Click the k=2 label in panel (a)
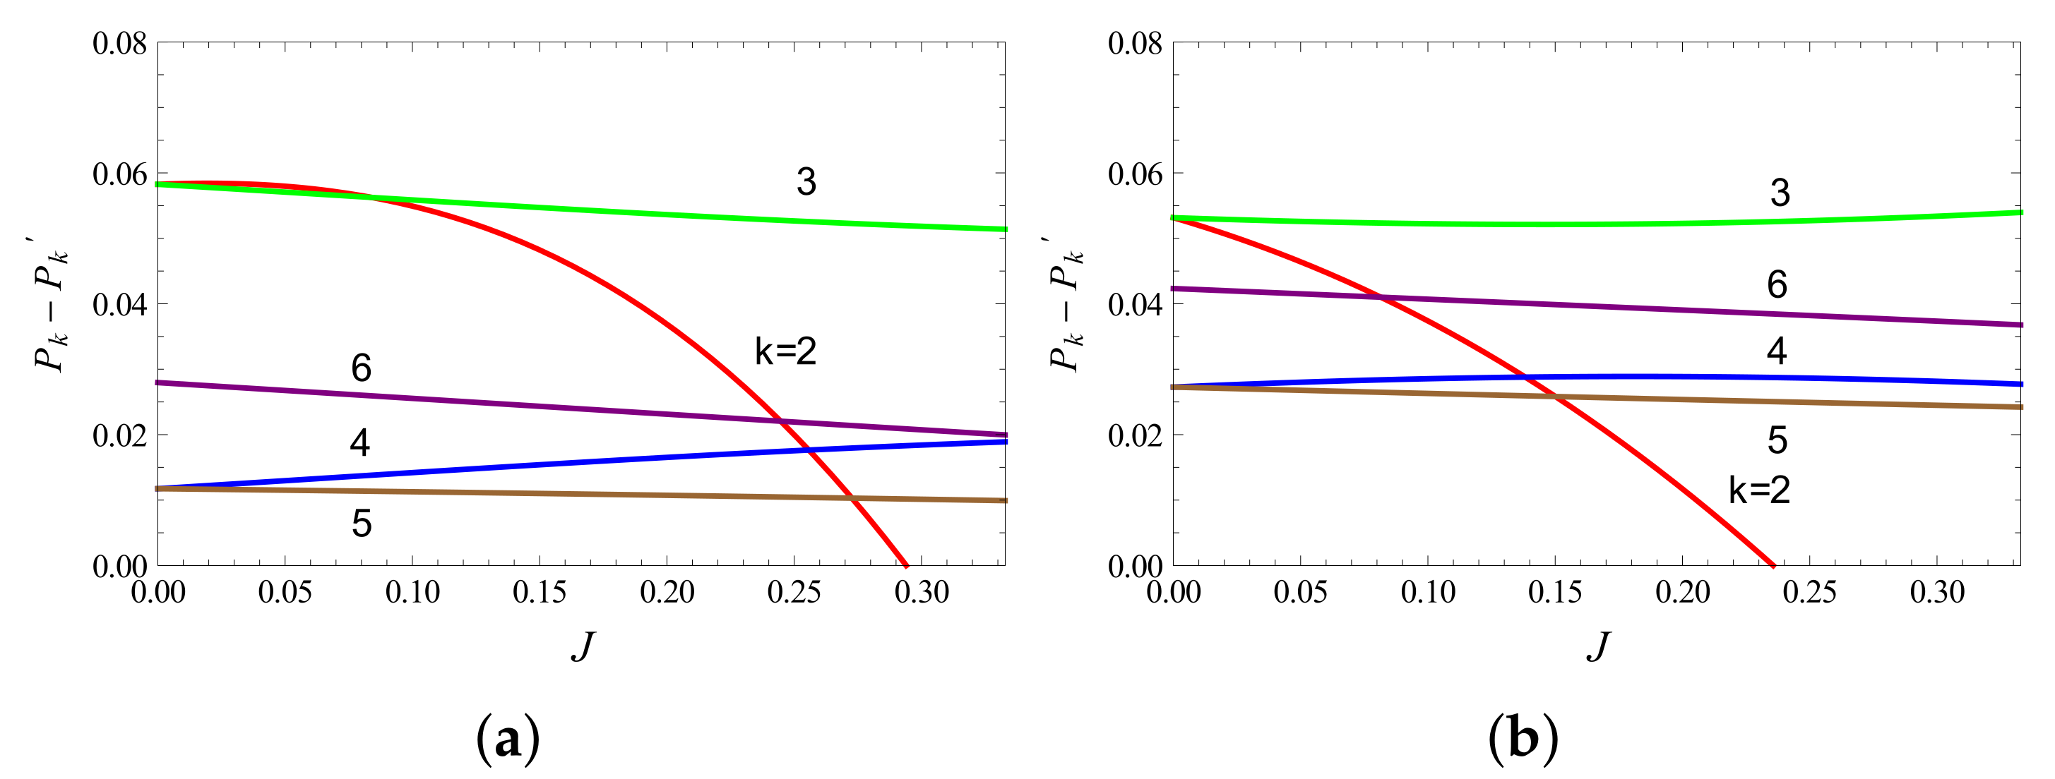786,351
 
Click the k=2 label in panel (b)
1760,490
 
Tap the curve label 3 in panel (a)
806,182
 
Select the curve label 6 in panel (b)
1777,284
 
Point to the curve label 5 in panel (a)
362,524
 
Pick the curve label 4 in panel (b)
1777,351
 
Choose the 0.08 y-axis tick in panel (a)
119,43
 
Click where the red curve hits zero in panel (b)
1774,565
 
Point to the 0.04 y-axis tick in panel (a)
119,305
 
